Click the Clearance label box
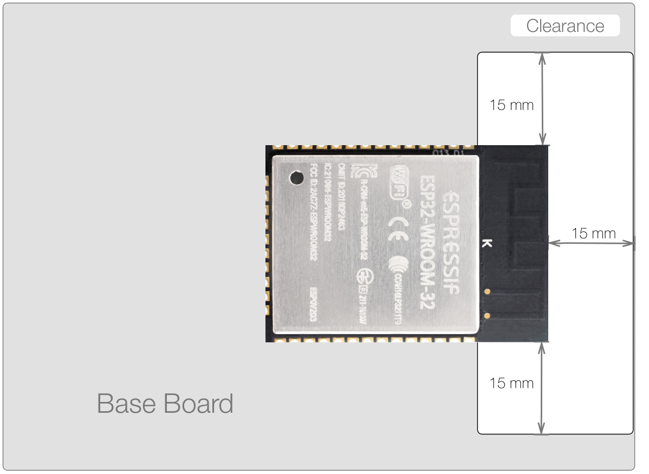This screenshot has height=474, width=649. pyautogui.click(x=565, y=26)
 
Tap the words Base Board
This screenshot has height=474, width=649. pyautogui.click(x=165, y=404)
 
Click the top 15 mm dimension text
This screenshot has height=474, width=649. pyautogui.click(x=511, y=105)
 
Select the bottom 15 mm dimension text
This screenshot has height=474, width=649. pyautogui.click(x=511, y=384)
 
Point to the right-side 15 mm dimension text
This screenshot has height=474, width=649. pyautogui.click(x=594, y=233)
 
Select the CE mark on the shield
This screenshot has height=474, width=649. pyautogui.click(x=399, y=226)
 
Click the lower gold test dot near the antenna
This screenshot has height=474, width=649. pyautogui.click(x=488, y=314)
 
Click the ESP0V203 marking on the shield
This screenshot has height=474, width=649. pyautogui.click(x=313, y=306)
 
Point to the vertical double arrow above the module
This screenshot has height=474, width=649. pyautogui.click(x=542, y=99)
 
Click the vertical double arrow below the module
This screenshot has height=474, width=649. pyautogui.click(x=542, y=388)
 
